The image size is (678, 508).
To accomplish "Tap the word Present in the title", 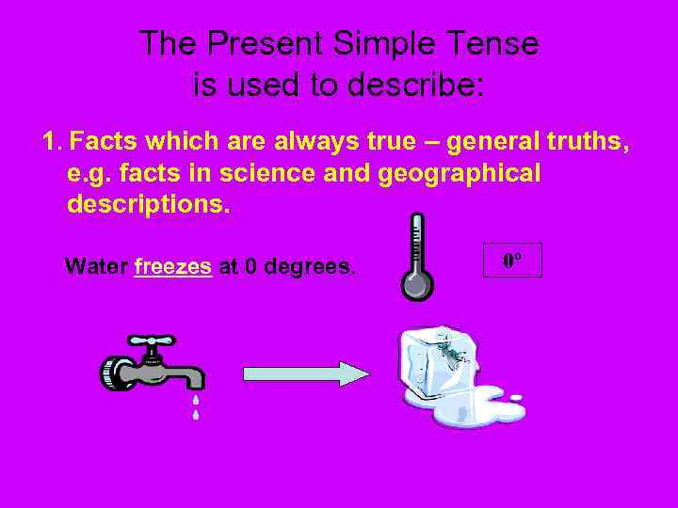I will [265, 43].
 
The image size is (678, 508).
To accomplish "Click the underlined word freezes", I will [173, 266].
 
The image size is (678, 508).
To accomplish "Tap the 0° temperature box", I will [512, 260].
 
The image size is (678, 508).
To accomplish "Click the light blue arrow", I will [307, 373].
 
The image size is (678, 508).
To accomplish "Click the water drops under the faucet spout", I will [196, 405].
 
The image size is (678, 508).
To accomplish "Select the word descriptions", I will [148, 204].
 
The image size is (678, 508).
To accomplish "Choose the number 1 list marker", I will [51, 143].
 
